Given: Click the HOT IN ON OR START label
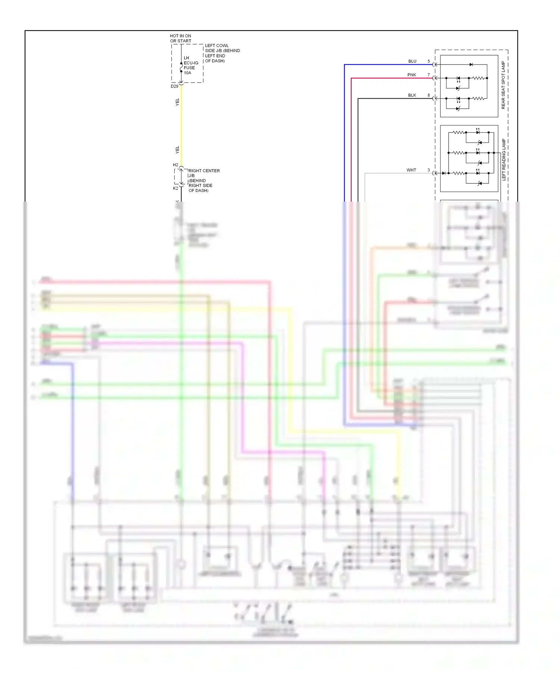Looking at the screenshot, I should click(x=181, y=38).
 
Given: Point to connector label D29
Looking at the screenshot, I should click(x=174, y=86).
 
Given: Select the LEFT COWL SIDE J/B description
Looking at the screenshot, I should click(x=222, y=53).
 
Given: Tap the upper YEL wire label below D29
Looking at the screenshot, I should click(x=177, y=102).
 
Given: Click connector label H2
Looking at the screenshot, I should click(x=175, y=165).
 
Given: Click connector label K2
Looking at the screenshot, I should click(x=175, y=188).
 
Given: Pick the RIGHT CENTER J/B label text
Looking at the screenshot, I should click(x=203, y=180).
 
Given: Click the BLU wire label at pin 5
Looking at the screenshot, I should click(x=412, y=61).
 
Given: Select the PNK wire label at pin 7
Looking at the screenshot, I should click(x=411, y=75).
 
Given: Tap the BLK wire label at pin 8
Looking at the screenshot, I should click(x=412, y=95).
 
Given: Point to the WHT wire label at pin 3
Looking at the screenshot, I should click(x=411, y=170).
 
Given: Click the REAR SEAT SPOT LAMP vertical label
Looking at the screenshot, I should click(x=503, y=85).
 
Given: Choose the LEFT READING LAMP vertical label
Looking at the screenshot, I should click(x=504, y=159).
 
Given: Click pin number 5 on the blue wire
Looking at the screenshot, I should click(x=429, y=61).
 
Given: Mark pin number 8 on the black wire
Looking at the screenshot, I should click(x=429, y=95).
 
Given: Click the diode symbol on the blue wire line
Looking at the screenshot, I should click(x=471, y=65).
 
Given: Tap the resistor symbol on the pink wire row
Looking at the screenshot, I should click(x=478, y=78).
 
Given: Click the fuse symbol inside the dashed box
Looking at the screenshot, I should click(x=181, y=67).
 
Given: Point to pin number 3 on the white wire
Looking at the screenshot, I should click(x=429, y=170).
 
